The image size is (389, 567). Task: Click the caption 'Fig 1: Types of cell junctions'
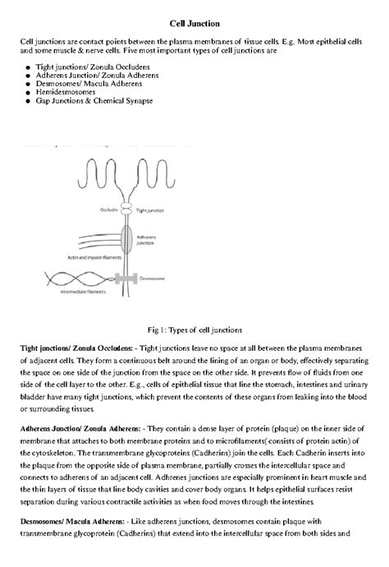coord(194,330)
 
